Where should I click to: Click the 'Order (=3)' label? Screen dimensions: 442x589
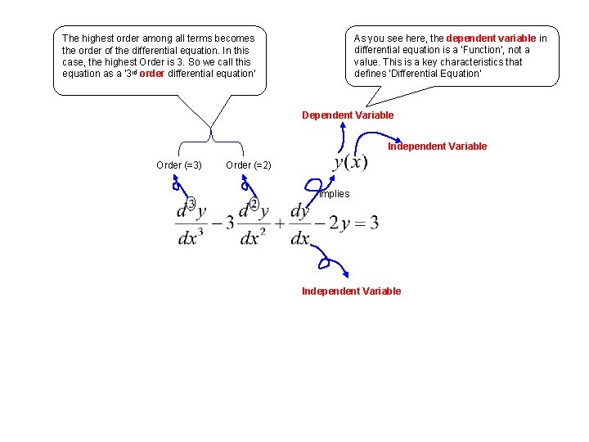pyautogui.click(x=179, y=165)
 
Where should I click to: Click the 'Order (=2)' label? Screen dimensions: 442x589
pyautogui.click(x=249, y=165)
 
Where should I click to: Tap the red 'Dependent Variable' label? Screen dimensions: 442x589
pyautogui.click(x=348, y=115)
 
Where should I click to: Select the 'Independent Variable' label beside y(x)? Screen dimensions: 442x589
pyautogui.click(x=437, y=147)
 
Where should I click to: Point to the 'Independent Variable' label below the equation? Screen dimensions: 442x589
pyautogui.click(x=351, y=291)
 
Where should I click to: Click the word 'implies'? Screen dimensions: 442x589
pyautogui.click(x=334, y=194)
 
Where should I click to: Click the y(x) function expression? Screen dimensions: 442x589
pyautogui.click(x=350, y=161)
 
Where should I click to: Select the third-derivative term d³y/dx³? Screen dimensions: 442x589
pyautogui.click(x=191, y=223)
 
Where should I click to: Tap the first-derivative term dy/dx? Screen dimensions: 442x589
pyautogui.click(x=300, y=223)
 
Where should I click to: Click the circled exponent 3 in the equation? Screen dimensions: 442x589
pyautogui.click(x=191, y=203)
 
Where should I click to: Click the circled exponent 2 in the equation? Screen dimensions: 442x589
pyautogui.click(x=254, y=203)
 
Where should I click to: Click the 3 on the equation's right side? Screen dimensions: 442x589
pyautogui.click(x=374, y=222)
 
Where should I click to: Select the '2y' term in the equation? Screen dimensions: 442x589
pyautogui.click(x=339, y=222)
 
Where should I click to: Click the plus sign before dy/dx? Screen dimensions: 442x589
pyautogui.click(x=279, y=223)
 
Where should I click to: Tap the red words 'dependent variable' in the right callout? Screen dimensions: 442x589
pyautogui.click(x=491, y=38)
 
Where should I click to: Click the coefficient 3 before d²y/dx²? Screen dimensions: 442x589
pyautogui.click(x=230, y=223)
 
